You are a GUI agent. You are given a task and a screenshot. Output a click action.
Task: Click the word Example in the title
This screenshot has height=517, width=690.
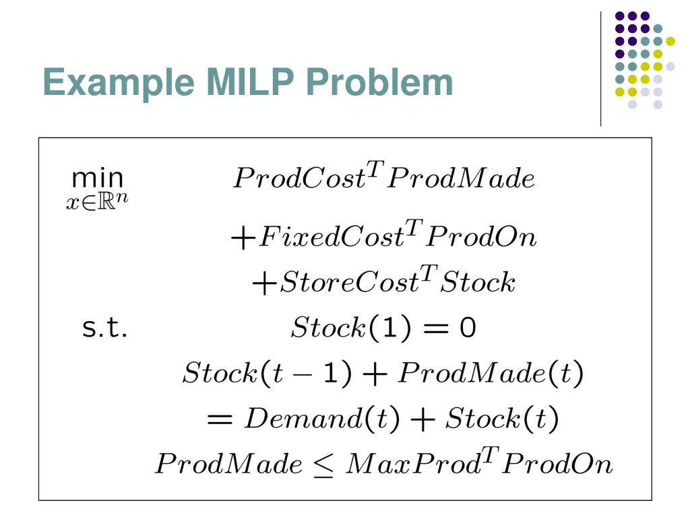pyautogui.click(x=115, y=83)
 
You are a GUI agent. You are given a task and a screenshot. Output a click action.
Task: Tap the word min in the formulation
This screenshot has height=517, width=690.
pyautogui.click(x=98, y=179)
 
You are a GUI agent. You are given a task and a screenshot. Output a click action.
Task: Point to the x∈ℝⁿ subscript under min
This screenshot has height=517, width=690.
pyautogui.click(x=96, y=202)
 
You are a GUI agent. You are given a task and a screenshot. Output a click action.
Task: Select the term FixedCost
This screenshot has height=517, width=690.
pyautogui.click(x=322, y=238)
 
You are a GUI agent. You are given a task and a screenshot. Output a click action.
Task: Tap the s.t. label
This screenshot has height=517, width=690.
pyautogui.click(x=104, y=330)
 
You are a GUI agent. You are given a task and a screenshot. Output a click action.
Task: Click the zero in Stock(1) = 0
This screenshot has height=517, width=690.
pyautogui.click(x=468, y=329)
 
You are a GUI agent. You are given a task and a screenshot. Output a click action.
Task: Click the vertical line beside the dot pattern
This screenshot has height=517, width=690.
pyautogui.click(x=600, y=67)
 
